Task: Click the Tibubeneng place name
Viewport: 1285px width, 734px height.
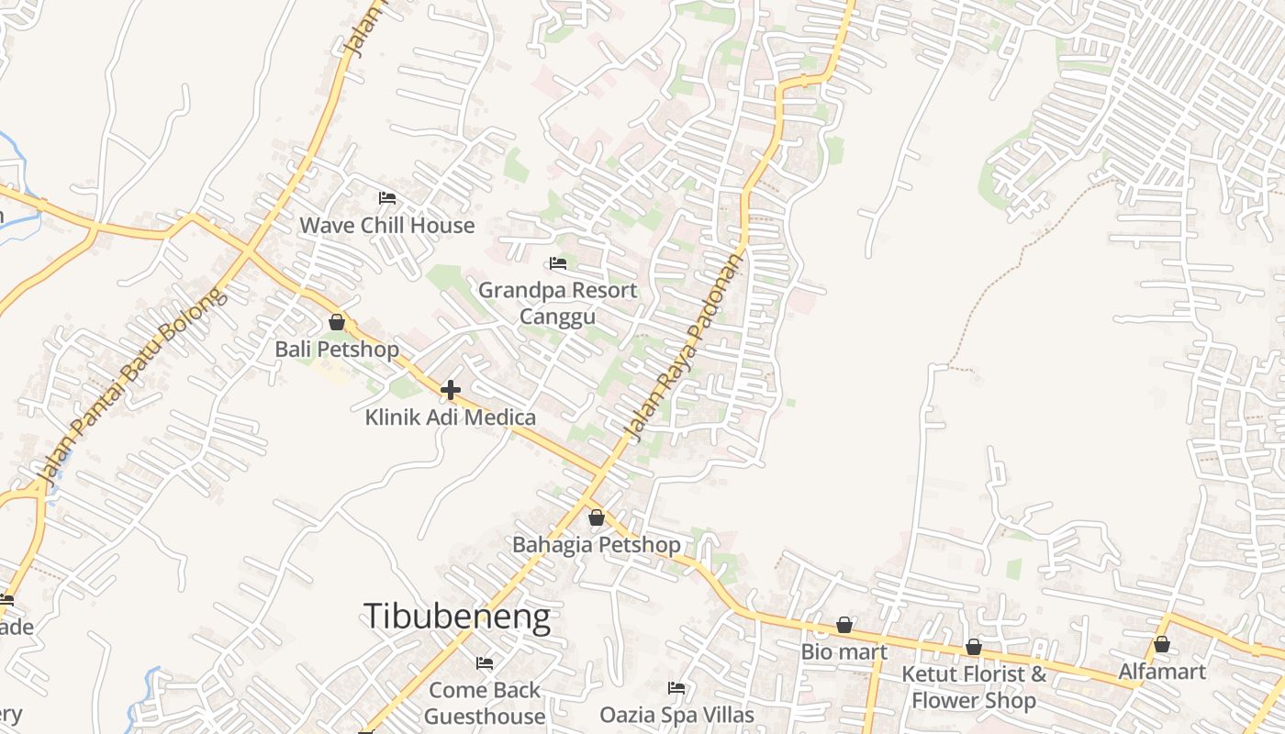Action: (x=457, y=617)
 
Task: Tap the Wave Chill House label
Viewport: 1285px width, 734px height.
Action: (x=387, y=226)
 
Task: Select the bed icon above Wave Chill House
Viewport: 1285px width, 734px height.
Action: (x=387, y=198)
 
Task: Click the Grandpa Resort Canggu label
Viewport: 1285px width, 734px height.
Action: (x=557, y=304)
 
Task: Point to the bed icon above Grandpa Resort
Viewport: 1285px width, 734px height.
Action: (x=557, y=264)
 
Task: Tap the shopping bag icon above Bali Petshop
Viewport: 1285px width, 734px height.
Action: (x=337, y=322)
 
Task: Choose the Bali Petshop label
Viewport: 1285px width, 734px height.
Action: (x=337, y=350)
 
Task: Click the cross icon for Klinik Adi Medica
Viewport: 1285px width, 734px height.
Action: (x=450, y=390)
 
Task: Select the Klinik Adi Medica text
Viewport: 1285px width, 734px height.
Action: (x=450, y=417)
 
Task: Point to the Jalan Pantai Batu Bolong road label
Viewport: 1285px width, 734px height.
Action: (x=129, y=386)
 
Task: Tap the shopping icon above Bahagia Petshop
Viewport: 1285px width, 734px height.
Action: (x=597, y=517)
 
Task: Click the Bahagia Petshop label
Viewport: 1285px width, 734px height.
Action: (x=597, y=545)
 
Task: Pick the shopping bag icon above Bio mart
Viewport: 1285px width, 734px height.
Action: (x=844, y=626)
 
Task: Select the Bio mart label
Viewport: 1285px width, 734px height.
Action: (x=844, y=652)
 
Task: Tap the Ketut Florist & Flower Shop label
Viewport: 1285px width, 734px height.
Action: (x=974, y=687)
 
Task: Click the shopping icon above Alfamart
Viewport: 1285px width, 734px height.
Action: (x=1162, y=644)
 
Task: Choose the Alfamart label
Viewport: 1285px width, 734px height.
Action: (x=1162, y=672)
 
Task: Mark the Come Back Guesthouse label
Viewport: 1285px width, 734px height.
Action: (x=485, y=702)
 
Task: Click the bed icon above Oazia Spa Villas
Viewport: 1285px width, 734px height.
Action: (x=676, y=688)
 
